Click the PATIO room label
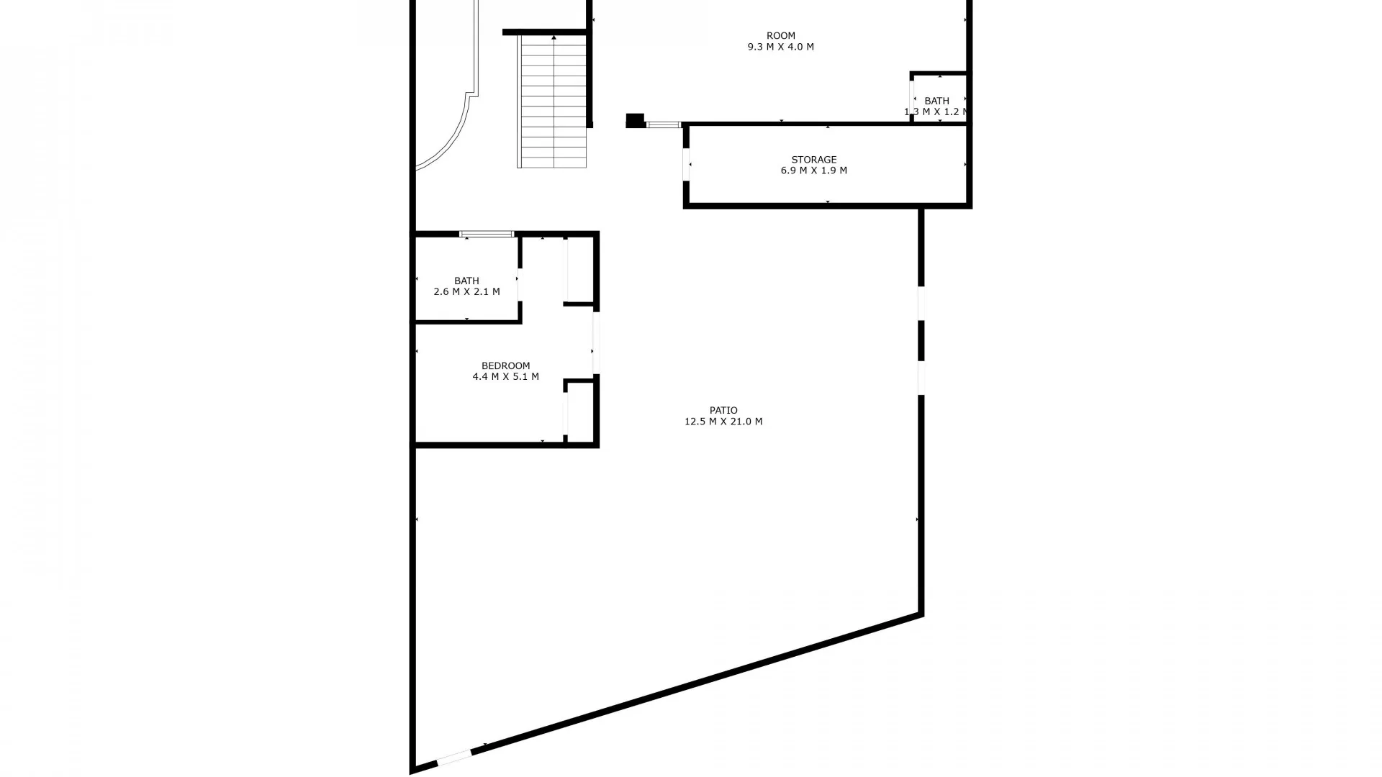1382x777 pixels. (x=723, y=410)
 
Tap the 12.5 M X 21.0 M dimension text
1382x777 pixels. (x=723, y=422)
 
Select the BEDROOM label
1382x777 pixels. (x=505, y=365)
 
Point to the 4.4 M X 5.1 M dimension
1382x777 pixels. (x=505, y=376)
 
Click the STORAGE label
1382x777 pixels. (x=813, y=160)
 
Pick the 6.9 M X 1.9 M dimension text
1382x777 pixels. (x=813, y=171)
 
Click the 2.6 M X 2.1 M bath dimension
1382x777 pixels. (x=466, y=292)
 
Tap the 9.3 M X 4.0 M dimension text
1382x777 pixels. (x=780, y=47)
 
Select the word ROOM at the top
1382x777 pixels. (x=780, y=35)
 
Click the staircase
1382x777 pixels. (x=553, y=101)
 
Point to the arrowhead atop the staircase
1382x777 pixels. (x=554, y=37)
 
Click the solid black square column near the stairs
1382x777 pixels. (x=634, y=121)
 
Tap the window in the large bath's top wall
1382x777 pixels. (x=487, y=234)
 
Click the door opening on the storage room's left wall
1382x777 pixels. (x=687, y=165)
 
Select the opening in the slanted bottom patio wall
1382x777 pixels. (x=454, y=758)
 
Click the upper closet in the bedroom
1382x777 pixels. (x=579, y=270)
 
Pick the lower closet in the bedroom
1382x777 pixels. (x=579, y=412)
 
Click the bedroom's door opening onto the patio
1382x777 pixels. (x=596, y=342)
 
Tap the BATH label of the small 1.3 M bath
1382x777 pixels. (x=936, y=101)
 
